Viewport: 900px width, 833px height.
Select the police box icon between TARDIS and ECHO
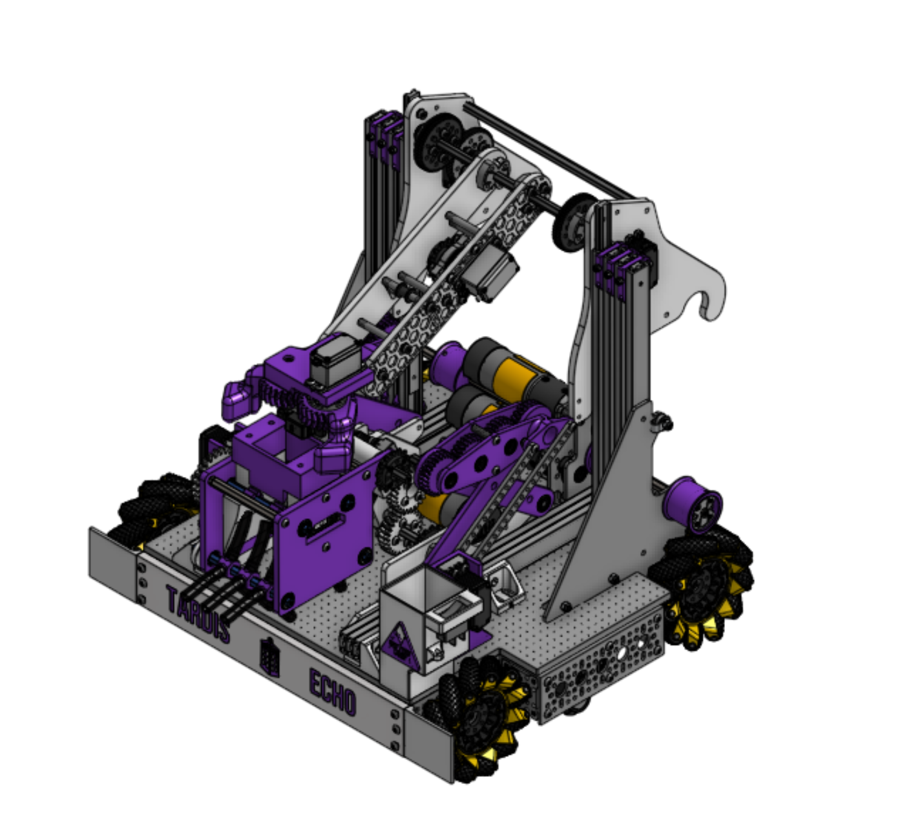pos(269,658)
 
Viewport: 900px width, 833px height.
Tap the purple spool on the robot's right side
pos(694,503)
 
